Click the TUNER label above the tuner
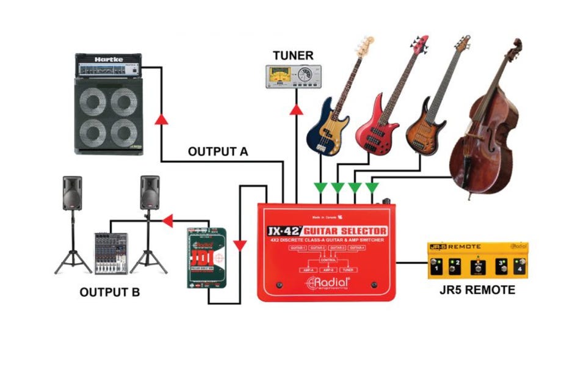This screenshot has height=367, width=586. tap(293, 56)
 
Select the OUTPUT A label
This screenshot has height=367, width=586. tap(218, 151)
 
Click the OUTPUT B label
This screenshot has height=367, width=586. tap(110, 292)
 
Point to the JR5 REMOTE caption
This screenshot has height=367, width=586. tap(477, 290)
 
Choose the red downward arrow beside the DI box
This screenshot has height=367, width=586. tap(240, 245)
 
